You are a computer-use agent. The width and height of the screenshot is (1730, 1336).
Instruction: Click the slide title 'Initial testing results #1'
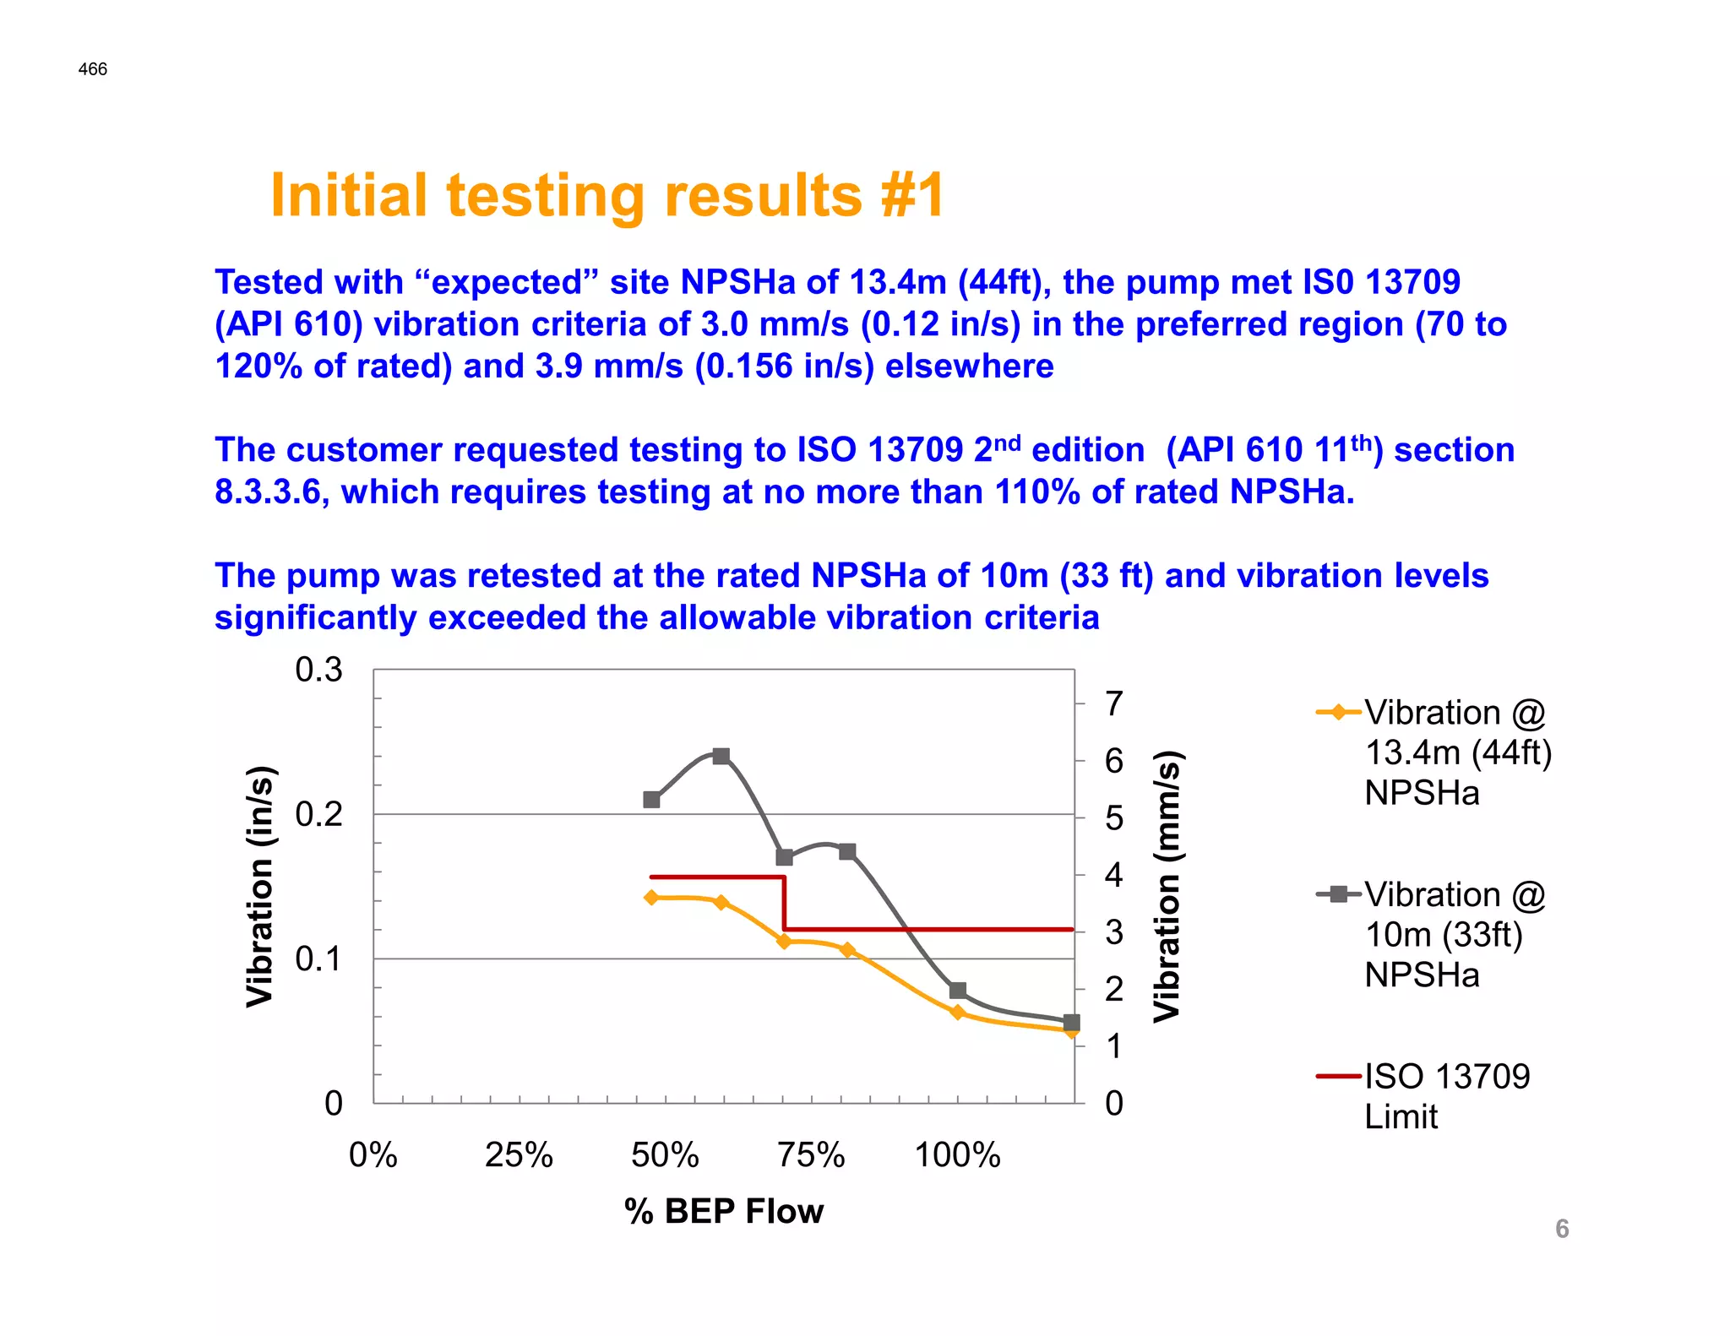pos(607,196)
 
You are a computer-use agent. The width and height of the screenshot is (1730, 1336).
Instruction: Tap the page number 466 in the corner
pos(93,69)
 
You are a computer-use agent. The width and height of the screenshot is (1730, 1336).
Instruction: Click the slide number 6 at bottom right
pos(1562,1229)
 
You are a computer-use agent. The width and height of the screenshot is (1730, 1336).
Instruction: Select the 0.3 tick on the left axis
pos(318,670)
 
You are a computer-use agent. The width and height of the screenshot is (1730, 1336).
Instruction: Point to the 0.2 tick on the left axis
pos(318,814)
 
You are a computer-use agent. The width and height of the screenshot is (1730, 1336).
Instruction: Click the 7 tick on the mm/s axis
pos(1114,703)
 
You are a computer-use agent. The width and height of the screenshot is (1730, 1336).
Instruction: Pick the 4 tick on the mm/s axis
pos(1114,875)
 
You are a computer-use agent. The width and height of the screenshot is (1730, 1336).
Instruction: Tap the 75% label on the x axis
pos(811,1154)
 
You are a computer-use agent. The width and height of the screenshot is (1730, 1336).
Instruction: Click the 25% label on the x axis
pos(519,1154)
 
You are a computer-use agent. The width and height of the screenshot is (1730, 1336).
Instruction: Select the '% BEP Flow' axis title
pos(724,1211)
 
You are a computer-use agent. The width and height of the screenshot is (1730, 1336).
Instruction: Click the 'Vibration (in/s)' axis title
pos(260,886)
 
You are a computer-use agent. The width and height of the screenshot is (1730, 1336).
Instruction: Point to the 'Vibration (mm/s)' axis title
pos(1167,886)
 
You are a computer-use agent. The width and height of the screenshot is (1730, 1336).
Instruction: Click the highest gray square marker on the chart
pos(721,756)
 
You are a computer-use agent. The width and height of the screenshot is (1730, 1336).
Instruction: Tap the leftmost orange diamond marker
pos(651,897)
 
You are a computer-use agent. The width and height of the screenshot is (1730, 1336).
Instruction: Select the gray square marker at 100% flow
pos(957,991)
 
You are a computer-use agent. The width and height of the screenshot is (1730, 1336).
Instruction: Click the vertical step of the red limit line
pos(785,904)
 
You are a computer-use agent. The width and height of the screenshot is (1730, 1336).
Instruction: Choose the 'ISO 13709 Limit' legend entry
pos(1446,1095)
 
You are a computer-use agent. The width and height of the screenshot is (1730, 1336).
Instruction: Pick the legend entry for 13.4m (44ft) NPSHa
pos(1458,752)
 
